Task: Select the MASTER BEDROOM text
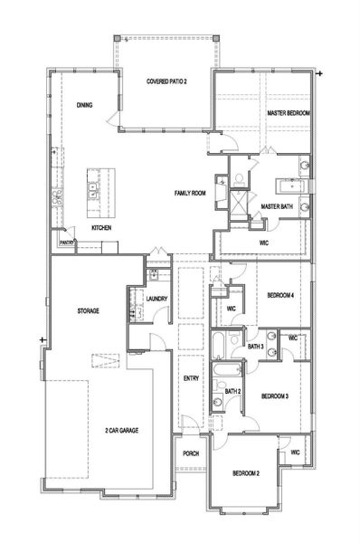pyautogui.click(x=289, y=112)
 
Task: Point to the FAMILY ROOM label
pyautogui.click(x=191, y=194)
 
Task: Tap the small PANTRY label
pyautogui.click(x=66, y=243)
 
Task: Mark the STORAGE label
pyautogui.click(x=87, y=310)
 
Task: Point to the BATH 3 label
pyautogui.click(x=256, y=347)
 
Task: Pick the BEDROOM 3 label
pyautogui.click(x=275, y=395)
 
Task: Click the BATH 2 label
pyautogui.click(x=232, y=391)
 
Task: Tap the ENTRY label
pyautogui.click(x=190, y=378)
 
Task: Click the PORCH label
pyautogui.click(x=191, y=453)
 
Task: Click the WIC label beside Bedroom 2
pyautogui.click(x=295, y=452)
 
